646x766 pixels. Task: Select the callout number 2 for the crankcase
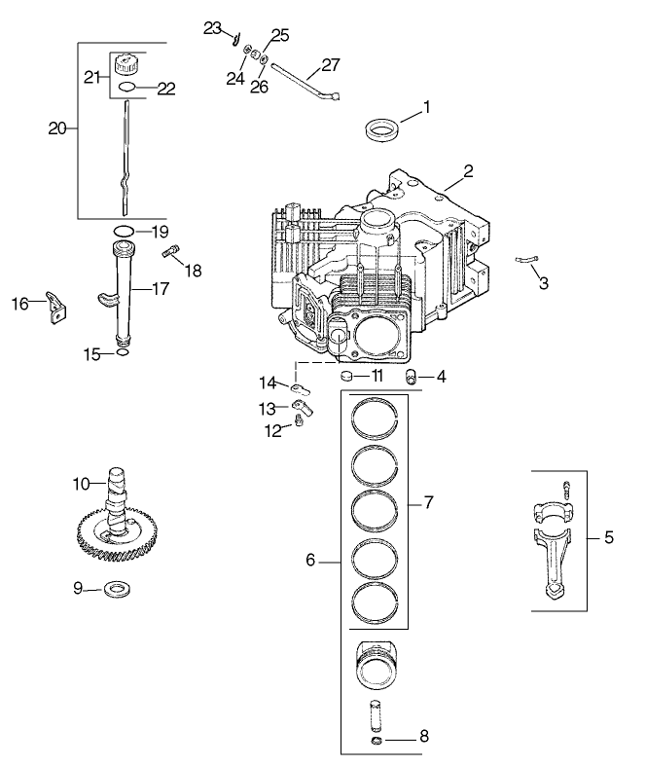[468, 171]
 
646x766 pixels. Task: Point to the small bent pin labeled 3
[526, 259]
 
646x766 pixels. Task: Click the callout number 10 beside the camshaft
[82, 483]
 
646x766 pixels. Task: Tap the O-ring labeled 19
[124, 231]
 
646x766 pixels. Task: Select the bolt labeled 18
[171, 254]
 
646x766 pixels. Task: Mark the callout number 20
[58, 128]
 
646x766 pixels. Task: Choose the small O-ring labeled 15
[120, 353]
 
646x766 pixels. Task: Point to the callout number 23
[213, 28]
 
